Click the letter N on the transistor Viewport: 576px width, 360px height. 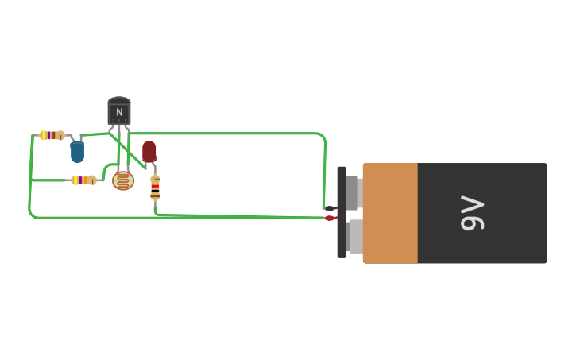(x=119, y=112)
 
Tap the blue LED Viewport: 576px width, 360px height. (x=77, y=150)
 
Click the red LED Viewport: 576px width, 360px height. (x=149, y=151)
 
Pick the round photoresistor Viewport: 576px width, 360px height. (x=123, y=180)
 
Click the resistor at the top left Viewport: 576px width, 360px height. (x=52, y=135)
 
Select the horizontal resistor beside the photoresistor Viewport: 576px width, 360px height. (x=83, y=180)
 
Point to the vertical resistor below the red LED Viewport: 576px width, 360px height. (x=155, y=187)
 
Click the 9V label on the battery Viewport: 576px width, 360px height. (x=472, y=213)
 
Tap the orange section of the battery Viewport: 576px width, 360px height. (x=390, y=213)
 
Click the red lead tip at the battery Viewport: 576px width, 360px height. (x=330, y=218)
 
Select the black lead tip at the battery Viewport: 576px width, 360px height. (x=330, y=207)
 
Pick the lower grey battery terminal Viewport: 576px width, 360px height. (x=354, y=236)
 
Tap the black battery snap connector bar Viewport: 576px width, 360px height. (x=342, y=212)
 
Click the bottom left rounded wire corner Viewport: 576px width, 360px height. (x=33, y=214)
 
